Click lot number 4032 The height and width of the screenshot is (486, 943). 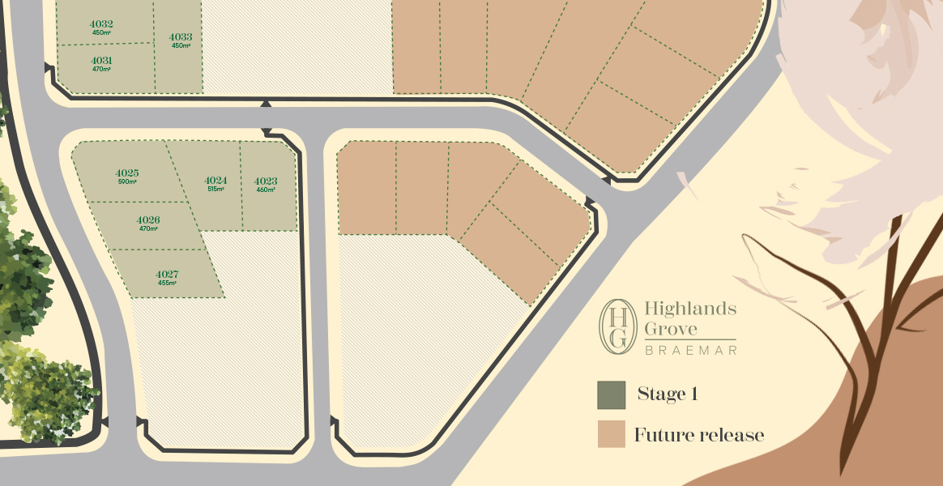click(101, 23)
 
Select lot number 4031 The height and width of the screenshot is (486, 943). click(101, 61)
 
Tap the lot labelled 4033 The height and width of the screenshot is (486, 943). click(181, 36)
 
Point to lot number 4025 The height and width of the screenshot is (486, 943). click(127, 173)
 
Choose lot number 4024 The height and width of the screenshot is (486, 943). click(215, 180)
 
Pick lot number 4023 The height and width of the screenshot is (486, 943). click(266, 181)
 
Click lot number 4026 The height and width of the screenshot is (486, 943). click(147, 220)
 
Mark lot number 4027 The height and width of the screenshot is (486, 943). click(167, 274)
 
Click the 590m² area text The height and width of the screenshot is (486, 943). click(127, 181)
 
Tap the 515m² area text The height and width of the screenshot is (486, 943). click(215, 189)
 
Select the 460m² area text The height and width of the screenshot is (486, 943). click(266, 190)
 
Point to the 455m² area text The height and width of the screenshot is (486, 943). click(167, 283)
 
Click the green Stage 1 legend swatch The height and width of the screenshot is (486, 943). click(611, 395)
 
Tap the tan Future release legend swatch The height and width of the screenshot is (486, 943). click(611, 434)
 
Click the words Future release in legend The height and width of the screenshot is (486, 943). click(699, 435)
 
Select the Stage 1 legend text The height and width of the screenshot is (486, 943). click(668, 394)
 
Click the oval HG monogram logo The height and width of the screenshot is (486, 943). click(617, 326)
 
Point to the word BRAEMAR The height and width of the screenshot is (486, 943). click(689, 350)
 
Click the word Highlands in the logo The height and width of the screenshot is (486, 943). click(689, 309)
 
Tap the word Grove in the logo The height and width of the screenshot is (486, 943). click(671, 329)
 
